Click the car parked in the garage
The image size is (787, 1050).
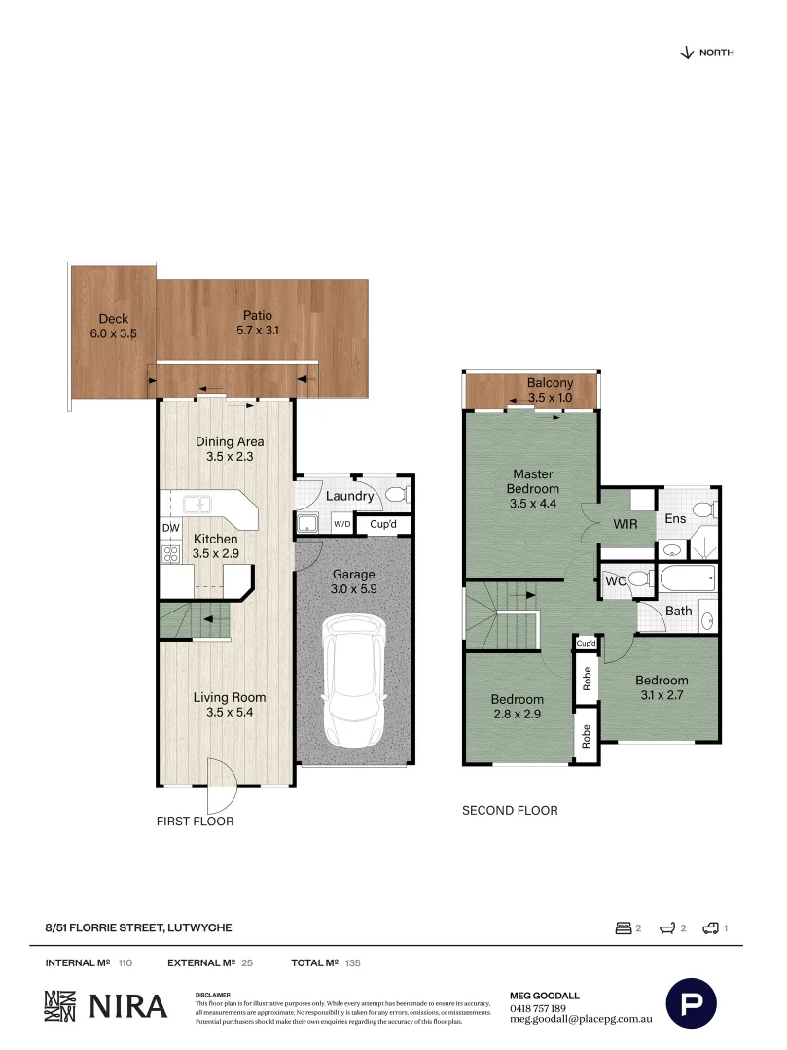click(354, 681)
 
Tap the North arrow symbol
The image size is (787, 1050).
click(687, 52)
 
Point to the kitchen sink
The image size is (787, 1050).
click(199, 504)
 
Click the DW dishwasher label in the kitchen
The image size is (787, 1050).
click(170, 528)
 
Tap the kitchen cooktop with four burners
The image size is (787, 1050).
click(171, 554)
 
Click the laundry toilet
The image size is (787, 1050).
click(397, 496)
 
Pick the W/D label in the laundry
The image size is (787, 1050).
click(341, 525)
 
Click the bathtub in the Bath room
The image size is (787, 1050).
click(687, 580)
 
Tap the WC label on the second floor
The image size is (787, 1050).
click(615, 580)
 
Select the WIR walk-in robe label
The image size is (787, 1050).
click(625, 523)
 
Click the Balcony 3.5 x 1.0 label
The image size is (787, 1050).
click(550, 390)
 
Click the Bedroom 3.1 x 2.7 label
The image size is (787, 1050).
click(662, 687)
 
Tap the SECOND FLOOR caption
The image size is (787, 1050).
click(510, 810)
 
